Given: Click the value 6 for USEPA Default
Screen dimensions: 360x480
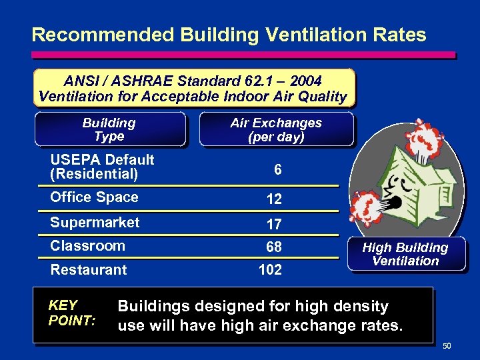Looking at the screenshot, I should click(x=277, y=171).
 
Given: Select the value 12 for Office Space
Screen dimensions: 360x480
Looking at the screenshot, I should click(x=273, y=199).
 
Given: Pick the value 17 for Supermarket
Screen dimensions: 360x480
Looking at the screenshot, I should click(x=273, y=225).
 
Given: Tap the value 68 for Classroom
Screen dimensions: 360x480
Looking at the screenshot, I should click(x=273, y=247).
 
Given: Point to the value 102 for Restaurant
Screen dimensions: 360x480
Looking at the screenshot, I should click(x=270, y=270).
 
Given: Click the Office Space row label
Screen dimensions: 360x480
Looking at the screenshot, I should click(x=94, y=197).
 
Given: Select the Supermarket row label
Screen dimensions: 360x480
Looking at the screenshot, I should click(x=95, y=223).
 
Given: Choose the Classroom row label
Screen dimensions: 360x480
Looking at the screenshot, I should click(x=87, y=246).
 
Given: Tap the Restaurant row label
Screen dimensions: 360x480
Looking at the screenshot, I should click(x=88, y=270).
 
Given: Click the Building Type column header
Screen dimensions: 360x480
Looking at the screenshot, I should click(x=109, y=129).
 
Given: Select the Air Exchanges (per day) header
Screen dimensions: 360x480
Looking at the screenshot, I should click(x=275, y=129).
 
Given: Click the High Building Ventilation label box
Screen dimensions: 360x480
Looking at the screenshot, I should click(x=405, y=254).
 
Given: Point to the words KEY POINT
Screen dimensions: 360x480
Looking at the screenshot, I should click(x=71, y=313).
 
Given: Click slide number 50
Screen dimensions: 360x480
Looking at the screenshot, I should click(x=447, y=345).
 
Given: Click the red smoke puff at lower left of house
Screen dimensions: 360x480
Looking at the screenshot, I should click(x=367, y=208).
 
